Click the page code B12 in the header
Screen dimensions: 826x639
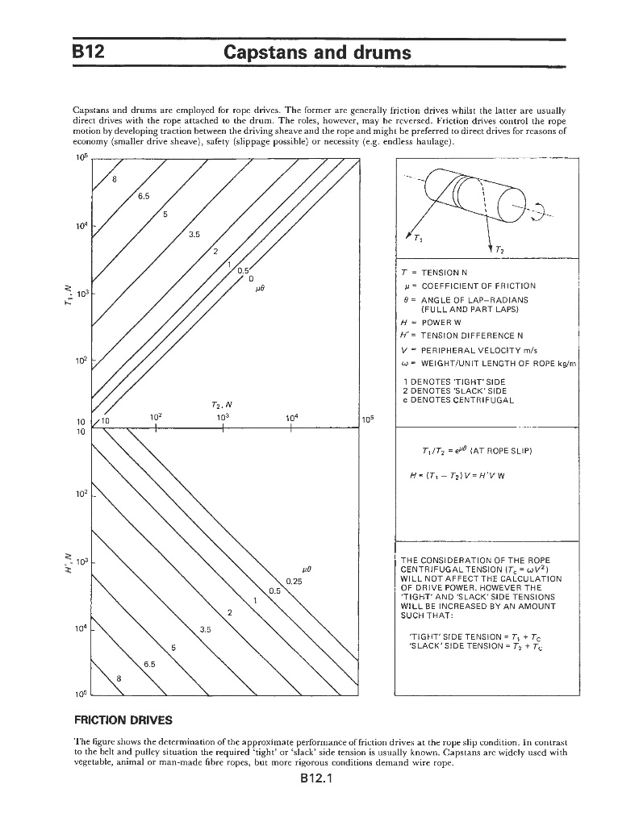[x=89, y=53]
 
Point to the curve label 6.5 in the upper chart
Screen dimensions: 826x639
[x=143, y=195]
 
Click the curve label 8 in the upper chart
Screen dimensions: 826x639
[x=114, y=178]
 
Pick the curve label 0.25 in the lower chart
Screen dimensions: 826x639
[x=294, y=581]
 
